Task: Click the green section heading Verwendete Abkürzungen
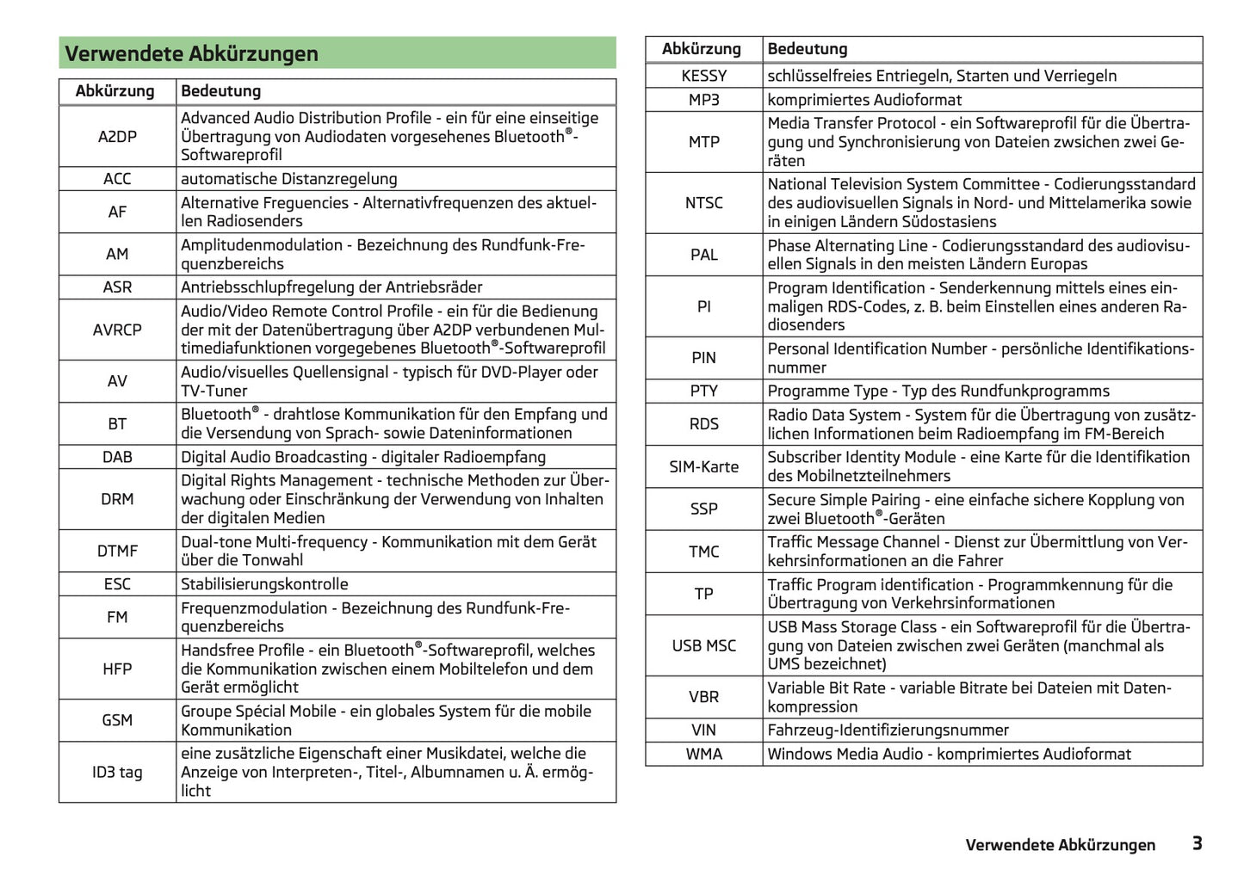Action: [x=191, y=53]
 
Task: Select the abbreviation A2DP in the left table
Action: [x=117, y=136]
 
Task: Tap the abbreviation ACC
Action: [x=117, y=179]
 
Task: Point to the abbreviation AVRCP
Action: [x=117, y=330]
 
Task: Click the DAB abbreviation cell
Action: [x=117, y=457]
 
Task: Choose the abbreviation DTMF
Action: [x=117, y=551]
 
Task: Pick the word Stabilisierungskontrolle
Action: [x=264, y=584]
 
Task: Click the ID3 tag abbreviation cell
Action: [x=117, y=772]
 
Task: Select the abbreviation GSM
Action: [x=117, y=720]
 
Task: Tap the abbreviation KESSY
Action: [x=703, y=76]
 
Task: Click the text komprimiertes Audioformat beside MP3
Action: [x=864, y=100]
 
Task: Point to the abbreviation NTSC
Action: [x=703, y=203]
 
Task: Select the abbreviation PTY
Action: [x=703, y=391]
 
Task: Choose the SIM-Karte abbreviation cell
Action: [x=703, y=466]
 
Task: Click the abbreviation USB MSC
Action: [x=703, y=645]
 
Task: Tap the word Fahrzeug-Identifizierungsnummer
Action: [x=888, y=730]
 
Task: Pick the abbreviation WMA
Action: [x=703, y=754]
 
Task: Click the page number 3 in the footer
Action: [x=1197, y=843]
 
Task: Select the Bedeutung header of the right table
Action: [x=808, y=49]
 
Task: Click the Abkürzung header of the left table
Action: [x=114, y=91]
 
